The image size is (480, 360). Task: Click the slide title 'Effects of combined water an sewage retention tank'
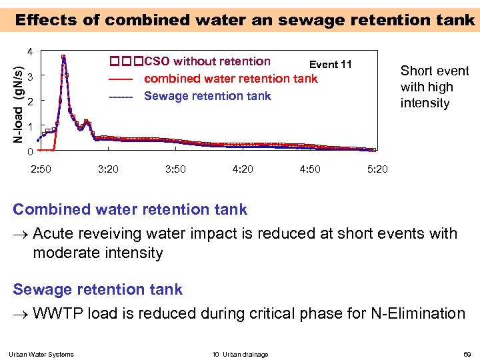(245, 19)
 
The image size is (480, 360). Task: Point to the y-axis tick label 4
(30, 52)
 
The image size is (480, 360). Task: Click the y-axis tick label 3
(30, 76)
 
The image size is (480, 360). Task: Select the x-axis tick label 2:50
(41, 169)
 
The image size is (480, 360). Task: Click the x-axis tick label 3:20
(108, 169)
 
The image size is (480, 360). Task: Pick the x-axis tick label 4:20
(243, 169)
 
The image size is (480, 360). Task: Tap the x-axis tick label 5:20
(377, 169)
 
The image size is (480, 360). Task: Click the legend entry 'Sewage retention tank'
(207, 96)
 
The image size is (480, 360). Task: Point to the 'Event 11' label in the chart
(330, 65)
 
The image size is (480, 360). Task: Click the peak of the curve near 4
(63, 57)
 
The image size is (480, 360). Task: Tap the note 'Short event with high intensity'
(434, 87)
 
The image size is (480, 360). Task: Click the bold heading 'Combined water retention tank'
(130, 209)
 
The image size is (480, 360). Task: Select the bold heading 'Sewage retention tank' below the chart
(97, 289)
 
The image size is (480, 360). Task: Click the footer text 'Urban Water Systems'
(41, 354)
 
